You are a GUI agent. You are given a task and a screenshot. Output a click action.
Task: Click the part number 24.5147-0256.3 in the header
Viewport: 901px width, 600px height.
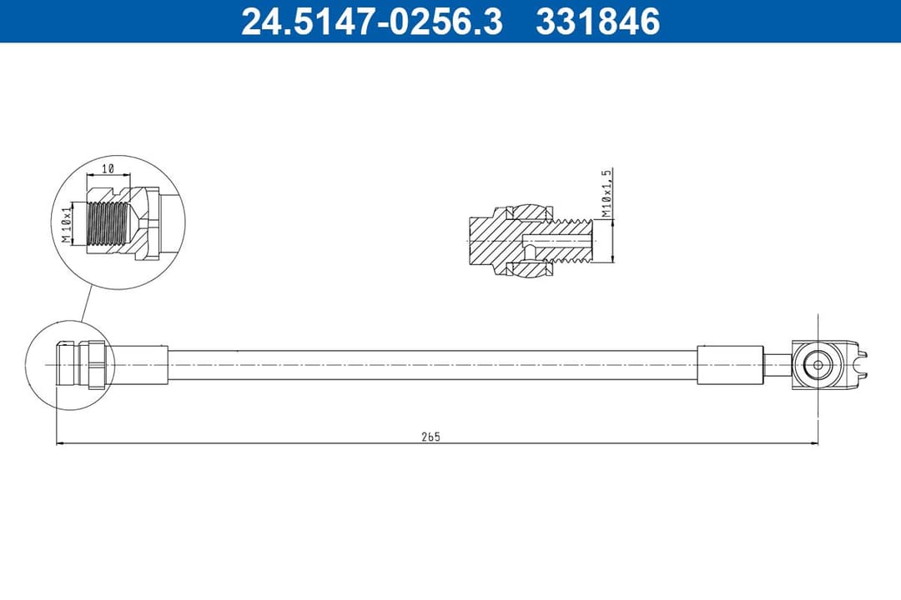(x=371, y=22)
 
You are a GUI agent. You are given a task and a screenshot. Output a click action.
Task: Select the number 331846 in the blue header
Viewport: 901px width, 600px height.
(x=597, y=22)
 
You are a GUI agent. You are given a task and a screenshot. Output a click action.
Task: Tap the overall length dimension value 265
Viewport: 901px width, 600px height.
(x=430, y=437)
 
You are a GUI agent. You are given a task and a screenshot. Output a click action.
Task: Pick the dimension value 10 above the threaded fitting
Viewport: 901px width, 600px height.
(x=108, y=168)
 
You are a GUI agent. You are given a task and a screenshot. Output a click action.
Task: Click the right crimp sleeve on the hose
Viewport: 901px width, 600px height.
(x=730, y=365)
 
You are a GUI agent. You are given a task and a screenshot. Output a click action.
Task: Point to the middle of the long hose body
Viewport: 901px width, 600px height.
(x=432, y=365)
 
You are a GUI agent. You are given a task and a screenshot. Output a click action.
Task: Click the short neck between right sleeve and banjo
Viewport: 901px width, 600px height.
(x=778, y=365)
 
